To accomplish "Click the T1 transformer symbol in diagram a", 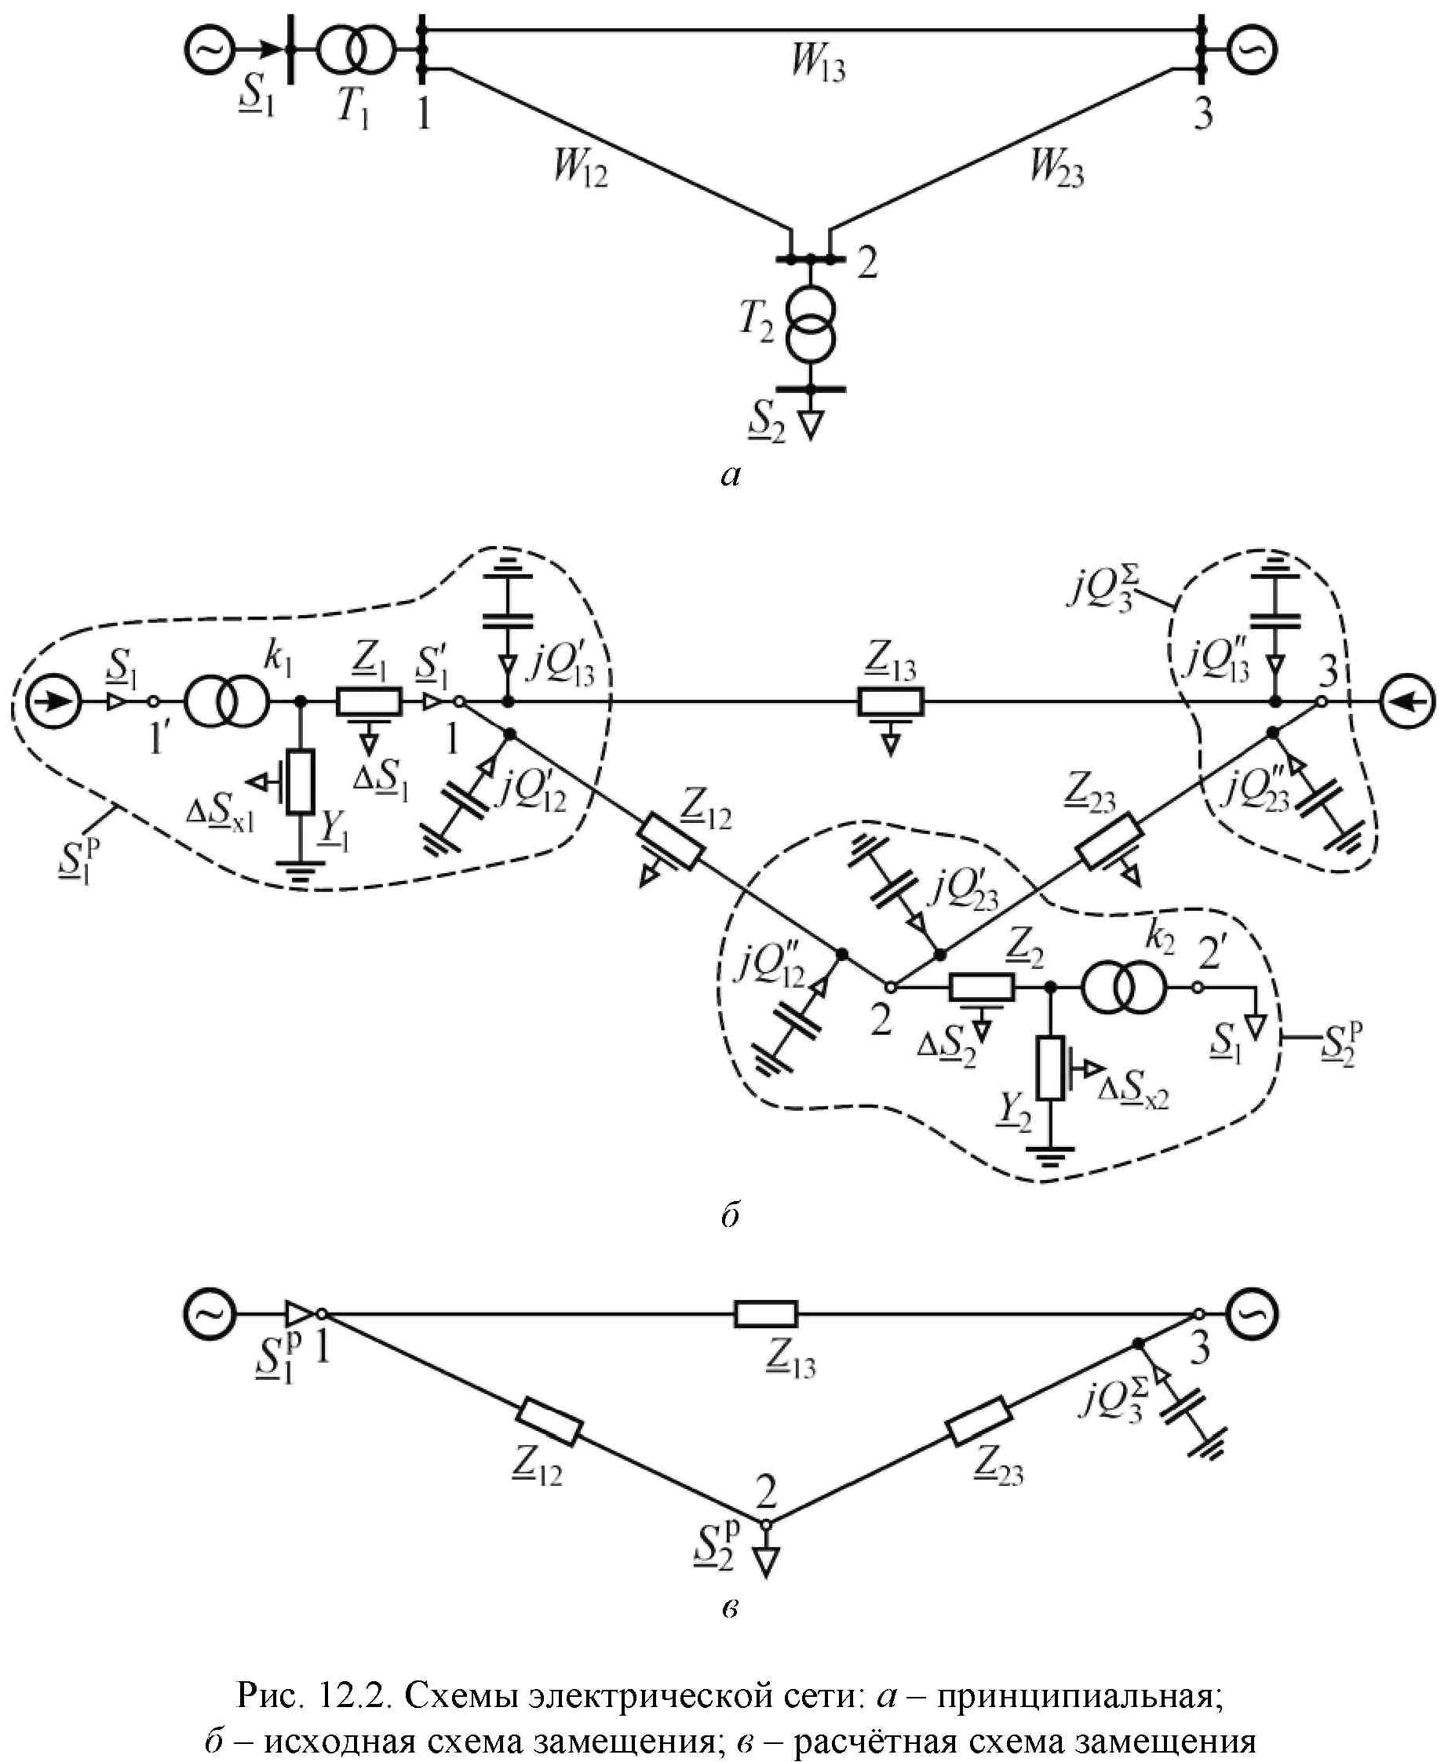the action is pos(355,49).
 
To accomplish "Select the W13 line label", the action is pos(819,64).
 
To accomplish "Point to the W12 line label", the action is pos(581,167).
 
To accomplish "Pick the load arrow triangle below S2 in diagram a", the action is pos(810,424).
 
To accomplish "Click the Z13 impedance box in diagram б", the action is pos(890,702).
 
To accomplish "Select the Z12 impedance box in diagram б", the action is pos(672,844).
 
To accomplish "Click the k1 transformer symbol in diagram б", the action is pos(227,703).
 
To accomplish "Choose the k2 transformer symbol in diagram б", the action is pos(1124,988).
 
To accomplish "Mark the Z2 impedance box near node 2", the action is pos(982,988).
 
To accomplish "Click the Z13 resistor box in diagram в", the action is pos(765,1313).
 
